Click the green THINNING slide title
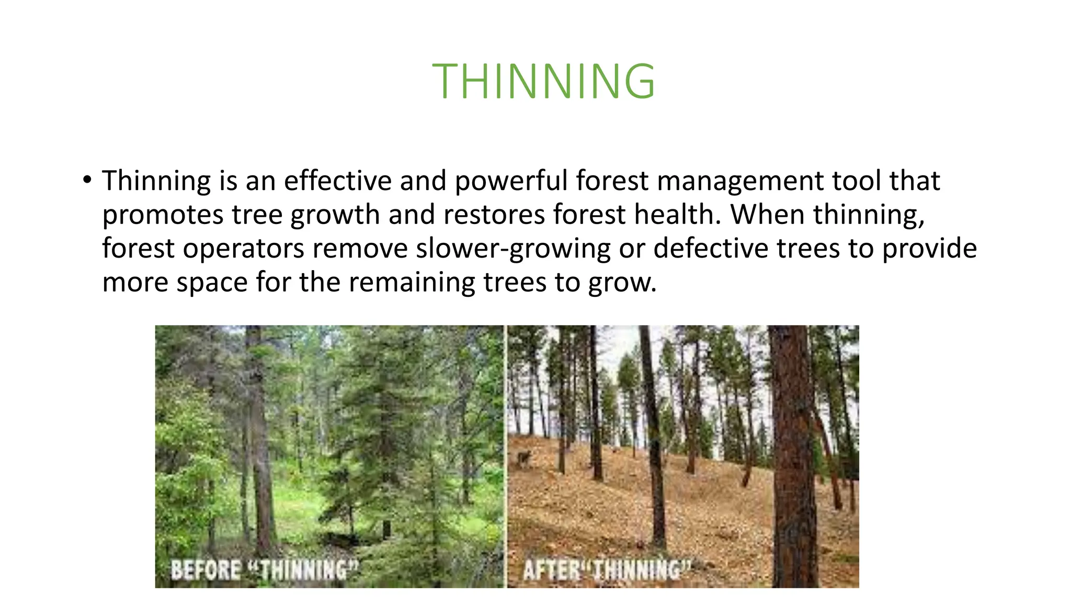coord(543,81)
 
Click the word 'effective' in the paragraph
coord(337,181)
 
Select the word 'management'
coord(739,181)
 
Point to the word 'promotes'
coord(163,215)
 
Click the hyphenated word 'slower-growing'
coord(513,248)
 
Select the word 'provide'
coord(929,248)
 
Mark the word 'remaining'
coord(412,282)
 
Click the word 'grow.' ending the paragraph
coord(622,282)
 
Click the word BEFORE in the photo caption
coord(206,569)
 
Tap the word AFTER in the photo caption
coord(552,569)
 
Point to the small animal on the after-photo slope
coord(523,458)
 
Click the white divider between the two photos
coord(506,455)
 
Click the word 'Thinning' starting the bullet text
coord(156,181)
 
